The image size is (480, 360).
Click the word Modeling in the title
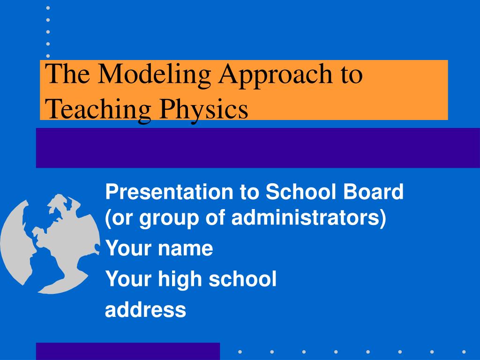click(154, 75)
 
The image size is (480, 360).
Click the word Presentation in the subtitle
click(169, 192)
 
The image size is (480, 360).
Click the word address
click(145, 309)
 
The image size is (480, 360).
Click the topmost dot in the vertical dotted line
click(48, 8)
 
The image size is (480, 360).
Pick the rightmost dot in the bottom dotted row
click(464, 352)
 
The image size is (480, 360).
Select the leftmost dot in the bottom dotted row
click(240, 352)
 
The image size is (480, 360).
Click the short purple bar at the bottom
click(128, 352)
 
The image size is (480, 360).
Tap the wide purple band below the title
click(258, 148)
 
